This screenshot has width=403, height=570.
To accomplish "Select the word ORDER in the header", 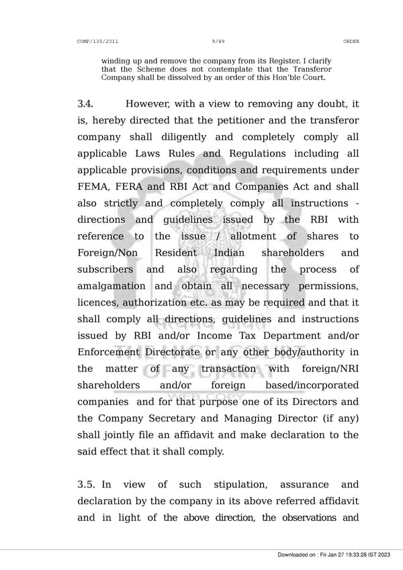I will (x=351, y=42).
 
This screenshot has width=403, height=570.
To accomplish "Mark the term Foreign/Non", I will (x=110, y=254).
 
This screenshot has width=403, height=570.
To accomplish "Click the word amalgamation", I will (x=111, y=287).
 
